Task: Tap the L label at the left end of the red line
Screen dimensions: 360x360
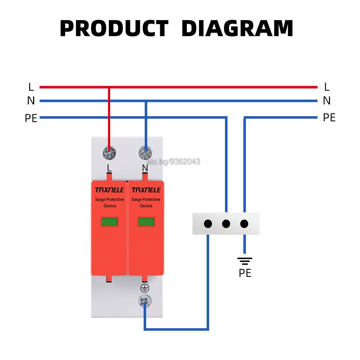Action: (x=31, y=87)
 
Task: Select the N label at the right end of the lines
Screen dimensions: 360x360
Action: (x=327, y=100)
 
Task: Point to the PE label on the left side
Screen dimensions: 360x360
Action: (x=31, y=118)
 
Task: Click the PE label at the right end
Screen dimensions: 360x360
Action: (x=329, y=118)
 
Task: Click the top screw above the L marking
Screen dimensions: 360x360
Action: (x=109, y=153)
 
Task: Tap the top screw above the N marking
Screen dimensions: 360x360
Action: (x=145, y=153)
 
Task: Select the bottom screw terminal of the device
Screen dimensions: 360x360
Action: (x=145, y=301)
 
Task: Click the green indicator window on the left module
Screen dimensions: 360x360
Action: (x=109, y=222)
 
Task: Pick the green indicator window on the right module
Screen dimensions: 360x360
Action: (x=146, y=222)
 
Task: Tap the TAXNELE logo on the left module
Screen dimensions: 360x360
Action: (x=109, y=190)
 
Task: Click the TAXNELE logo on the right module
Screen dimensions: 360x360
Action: (x=146, y=190)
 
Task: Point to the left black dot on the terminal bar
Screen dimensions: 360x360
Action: (x=208, y=224)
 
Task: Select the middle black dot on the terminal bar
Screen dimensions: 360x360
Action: (x=226, y=224)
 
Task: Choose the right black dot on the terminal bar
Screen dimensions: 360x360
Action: (x=244, y=224)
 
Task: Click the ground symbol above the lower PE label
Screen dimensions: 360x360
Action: (x=245, y=261)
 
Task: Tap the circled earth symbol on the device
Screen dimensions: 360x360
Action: (x=145, y=288)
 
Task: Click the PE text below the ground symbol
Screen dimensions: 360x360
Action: (x=245, y=273)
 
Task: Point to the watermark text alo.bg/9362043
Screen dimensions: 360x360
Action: (x=174, y=162)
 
